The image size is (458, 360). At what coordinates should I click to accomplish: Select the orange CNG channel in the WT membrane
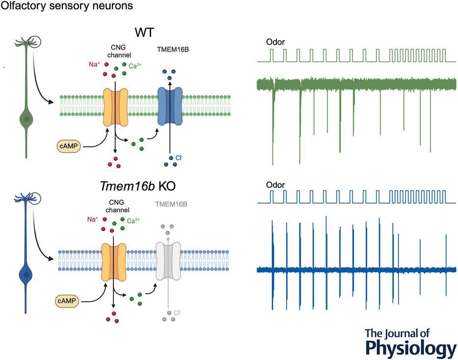click(115, 107)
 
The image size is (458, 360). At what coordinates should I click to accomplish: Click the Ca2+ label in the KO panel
click(134, 221)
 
